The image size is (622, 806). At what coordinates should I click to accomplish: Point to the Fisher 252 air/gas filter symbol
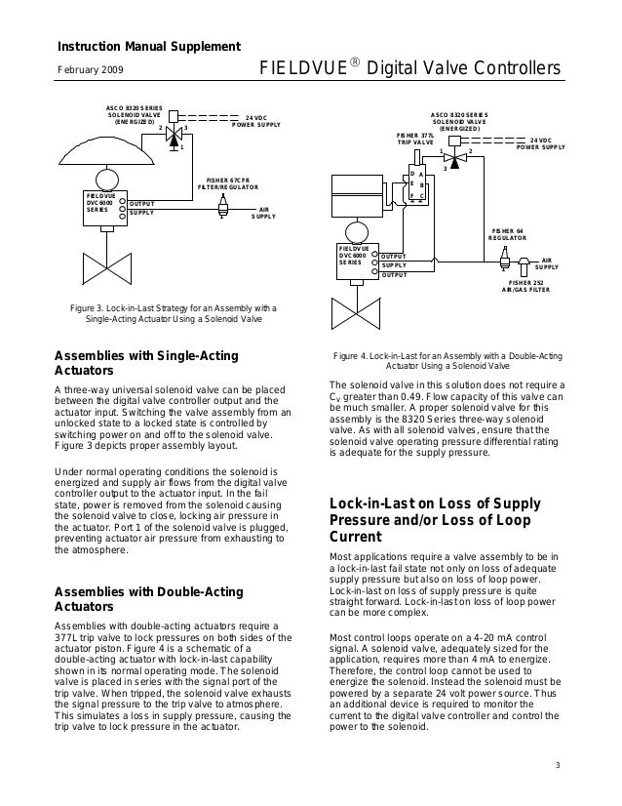(525, 263)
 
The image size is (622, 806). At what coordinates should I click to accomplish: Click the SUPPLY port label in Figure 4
(394, 265)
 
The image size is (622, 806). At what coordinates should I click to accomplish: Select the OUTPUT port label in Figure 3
(142, 203)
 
